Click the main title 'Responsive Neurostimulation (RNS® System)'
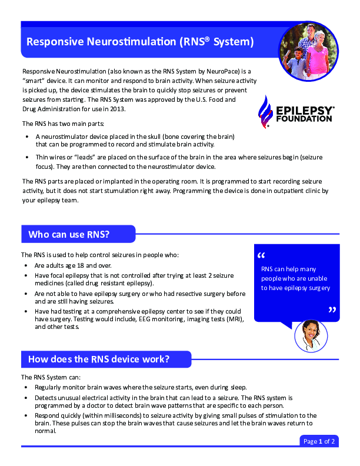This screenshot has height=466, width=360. (140, 42)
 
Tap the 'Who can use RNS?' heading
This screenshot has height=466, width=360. (69, 235)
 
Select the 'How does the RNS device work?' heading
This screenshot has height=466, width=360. (99, 360)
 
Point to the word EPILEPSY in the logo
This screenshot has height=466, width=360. (305, 110)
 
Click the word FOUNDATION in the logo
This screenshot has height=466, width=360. (304, 118)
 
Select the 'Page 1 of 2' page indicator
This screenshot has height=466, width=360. (319, 441)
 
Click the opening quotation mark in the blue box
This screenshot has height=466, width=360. (262, 256)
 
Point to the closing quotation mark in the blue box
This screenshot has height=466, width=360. (332, 310)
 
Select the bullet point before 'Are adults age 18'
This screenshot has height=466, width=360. (28, 266)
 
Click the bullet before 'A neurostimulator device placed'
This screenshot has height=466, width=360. (28, 137)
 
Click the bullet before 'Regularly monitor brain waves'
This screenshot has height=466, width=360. (28, 388)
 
